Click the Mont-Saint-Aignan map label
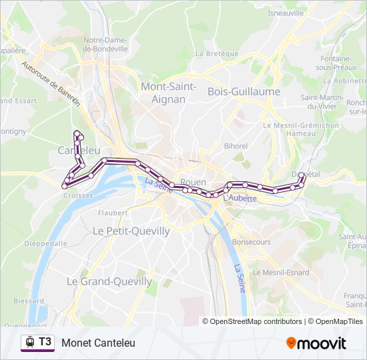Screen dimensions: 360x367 pyautogui.click(x=167, y=92)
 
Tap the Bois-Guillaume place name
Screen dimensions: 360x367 pyautogui.click(x=244, y=91)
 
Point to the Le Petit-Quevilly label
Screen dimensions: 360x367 pyautogui.click(x=131, y=231)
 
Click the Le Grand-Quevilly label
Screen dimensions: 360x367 pyautogui.click(x=109, y=281)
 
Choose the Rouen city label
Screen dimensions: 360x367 pyautogui.click(x=193, y=182)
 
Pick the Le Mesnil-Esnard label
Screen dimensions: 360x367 pyautogui.click(x=280, y=272)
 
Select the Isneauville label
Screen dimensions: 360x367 pyautogui.click(x=286, y=13)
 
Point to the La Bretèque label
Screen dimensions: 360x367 pyautogui.click(x=216, y=53)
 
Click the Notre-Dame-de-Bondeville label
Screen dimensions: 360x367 pyautogui.click(x=105, y=44)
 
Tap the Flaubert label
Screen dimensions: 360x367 pyautogui.click(x=112, y=213)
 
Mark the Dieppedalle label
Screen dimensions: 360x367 pyautogui.click(x=45, y=243)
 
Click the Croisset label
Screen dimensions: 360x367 pyautogui.click(x=73, y=196)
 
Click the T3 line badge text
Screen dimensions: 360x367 pyautogui.click(x=45, y=342)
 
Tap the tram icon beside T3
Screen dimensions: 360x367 pyautogui.click(x=29, y=342)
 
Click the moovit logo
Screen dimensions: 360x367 pyautogui.click(x=316, y=343)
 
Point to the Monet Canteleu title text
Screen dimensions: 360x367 pyautogui.click(x=98, y=343)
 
